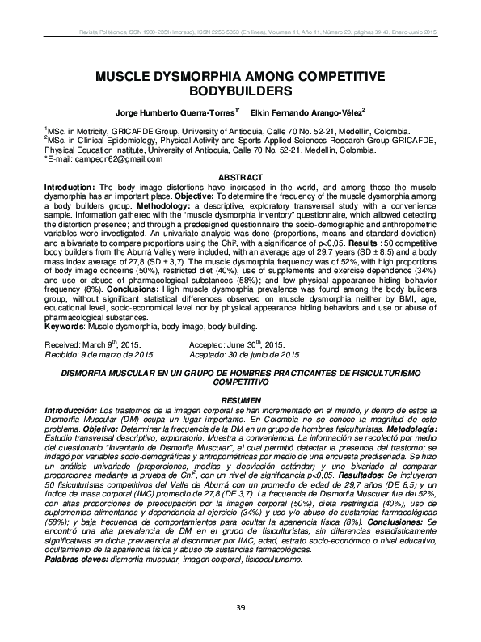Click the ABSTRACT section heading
pos(241,178)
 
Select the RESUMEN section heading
pos(241,401)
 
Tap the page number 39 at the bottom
pos(240,609)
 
